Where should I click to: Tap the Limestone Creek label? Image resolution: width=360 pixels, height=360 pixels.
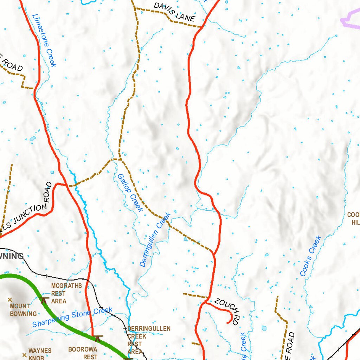44,40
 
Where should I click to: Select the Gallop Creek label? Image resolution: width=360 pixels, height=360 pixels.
130,193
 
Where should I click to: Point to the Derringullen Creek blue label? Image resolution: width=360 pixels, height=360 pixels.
155,239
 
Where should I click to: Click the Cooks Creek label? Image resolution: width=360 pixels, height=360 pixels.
311,256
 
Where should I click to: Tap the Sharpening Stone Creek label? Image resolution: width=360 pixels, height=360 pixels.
72,317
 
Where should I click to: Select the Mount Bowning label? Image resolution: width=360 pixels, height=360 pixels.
23,310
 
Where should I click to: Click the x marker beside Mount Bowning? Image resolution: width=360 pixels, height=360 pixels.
10,300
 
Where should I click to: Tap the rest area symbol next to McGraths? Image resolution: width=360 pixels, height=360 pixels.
44,300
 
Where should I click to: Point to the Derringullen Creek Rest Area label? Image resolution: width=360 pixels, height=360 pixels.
149,340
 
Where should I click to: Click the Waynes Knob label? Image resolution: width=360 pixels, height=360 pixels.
40,354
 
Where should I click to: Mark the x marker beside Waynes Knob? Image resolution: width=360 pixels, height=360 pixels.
24,355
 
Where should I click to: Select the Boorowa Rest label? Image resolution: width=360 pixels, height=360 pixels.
83,353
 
